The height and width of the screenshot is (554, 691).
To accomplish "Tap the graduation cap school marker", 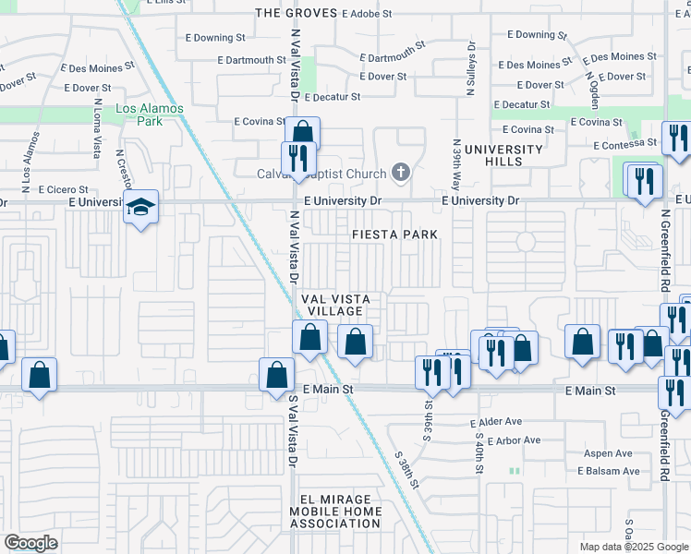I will click(141, 207).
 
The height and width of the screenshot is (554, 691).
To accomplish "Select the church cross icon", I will click(401, 171).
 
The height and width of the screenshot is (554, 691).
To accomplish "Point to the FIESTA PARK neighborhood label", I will click(394, 235).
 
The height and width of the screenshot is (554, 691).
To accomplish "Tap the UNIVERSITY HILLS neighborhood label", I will click(503, 155).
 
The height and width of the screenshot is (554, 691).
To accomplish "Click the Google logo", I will click(30, 543).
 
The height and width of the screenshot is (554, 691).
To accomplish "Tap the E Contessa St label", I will click(624, 145).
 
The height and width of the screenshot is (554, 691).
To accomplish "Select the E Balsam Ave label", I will click(608, 471).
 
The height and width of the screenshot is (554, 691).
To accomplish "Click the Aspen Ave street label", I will click(608, 453).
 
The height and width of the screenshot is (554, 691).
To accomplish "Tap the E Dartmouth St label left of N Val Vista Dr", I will click(252, 60).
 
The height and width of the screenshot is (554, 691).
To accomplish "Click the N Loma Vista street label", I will click(95, 136).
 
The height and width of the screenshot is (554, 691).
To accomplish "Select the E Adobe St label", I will click(367, 15).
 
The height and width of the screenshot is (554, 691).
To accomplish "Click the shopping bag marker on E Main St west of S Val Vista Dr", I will click(276, 376).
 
